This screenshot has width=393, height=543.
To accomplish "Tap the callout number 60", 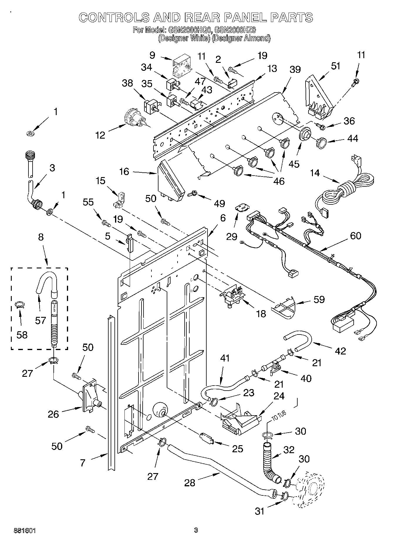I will (x=355, y=236).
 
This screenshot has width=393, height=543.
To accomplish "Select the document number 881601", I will (x=25, y=530).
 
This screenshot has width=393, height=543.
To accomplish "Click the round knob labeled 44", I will (x=321, y=142).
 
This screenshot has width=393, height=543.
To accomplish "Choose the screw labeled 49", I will (x=194, y=193).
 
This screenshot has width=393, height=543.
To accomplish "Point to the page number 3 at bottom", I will (x=196, y=530).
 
